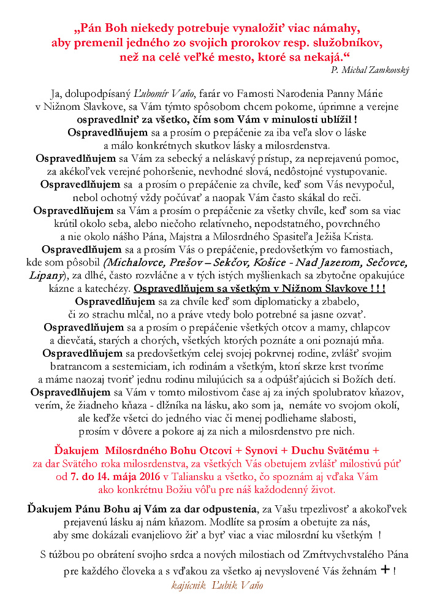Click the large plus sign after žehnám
pos(385,570)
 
